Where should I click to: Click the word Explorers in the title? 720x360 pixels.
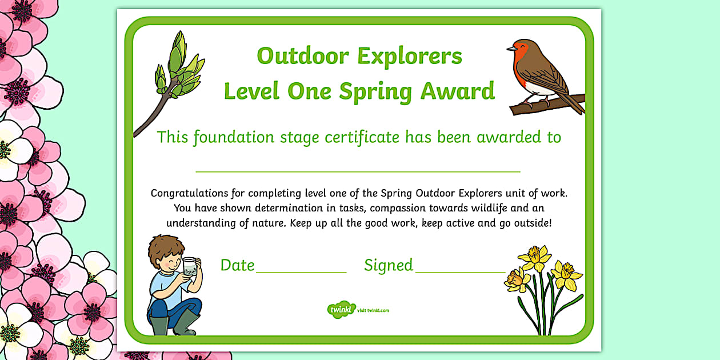(409, 56)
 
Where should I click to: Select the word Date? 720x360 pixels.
(237, 265)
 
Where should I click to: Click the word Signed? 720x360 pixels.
(389, 265)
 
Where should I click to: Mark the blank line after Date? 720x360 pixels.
(301, 272)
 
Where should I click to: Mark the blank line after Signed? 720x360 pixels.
(460, 272)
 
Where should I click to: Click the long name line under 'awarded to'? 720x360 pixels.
(358, 171)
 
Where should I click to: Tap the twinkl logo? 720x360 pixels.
(342, 310)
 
